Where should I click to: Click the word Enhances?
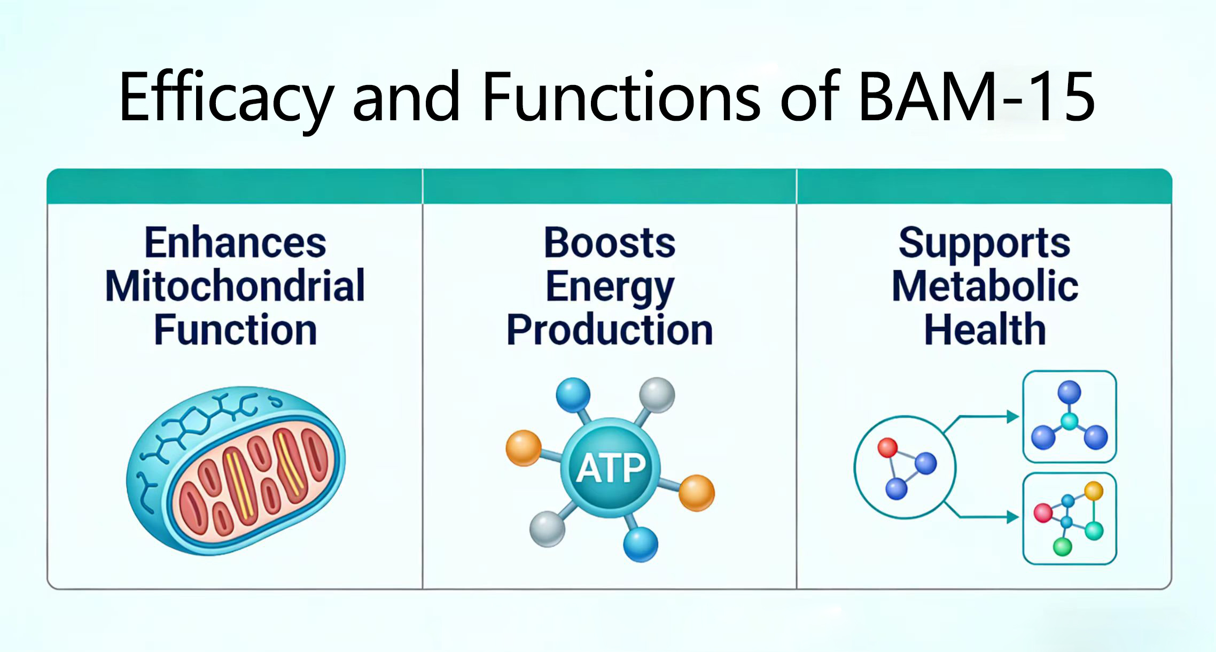pyautogui.click(x=235, y=243)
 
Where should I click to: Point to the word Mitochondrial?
pyautogui.click(x=235, y=286)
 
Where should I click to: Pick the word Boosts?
pyautogui.click(x=610, y=243)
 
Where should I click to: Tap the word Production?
pyautogui.click(x=610, y=330)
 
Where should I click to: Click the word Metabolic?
pyautogui.click(x=985, y=286)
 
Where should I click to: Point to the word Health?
pyautogui.click(x=985, y=330)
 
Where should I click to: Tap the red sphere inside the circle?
pyautogui.click(x=887, y=447)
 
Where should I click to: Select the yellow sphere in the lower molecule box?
pyautogui.click(x=1094, y=491)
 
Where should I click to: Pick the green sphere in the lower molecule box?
pyautogui.click(x=1062, y=547)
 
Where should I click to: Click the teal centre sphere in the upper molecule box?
pyautogui.click(x=1069, y=421)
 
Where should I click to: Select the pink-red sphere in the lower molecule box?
pyautogui.click(x=1042, y=513)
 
